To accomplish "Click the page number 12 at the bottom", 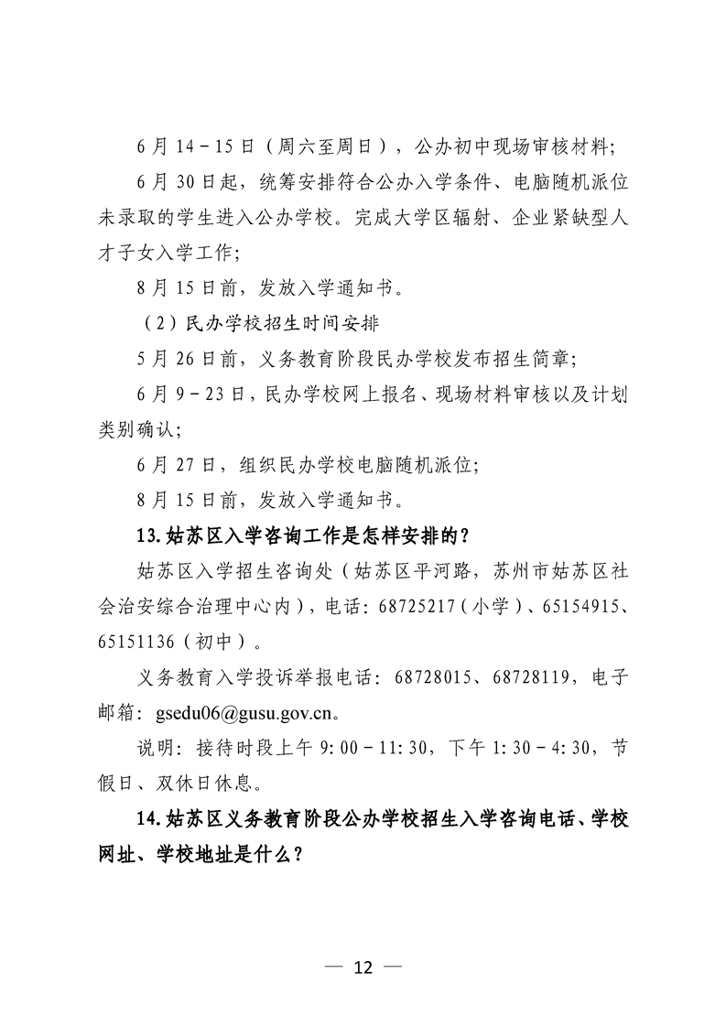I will pos(363,968).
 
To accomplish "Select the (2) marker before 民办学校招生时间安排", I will pos(158,324).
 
